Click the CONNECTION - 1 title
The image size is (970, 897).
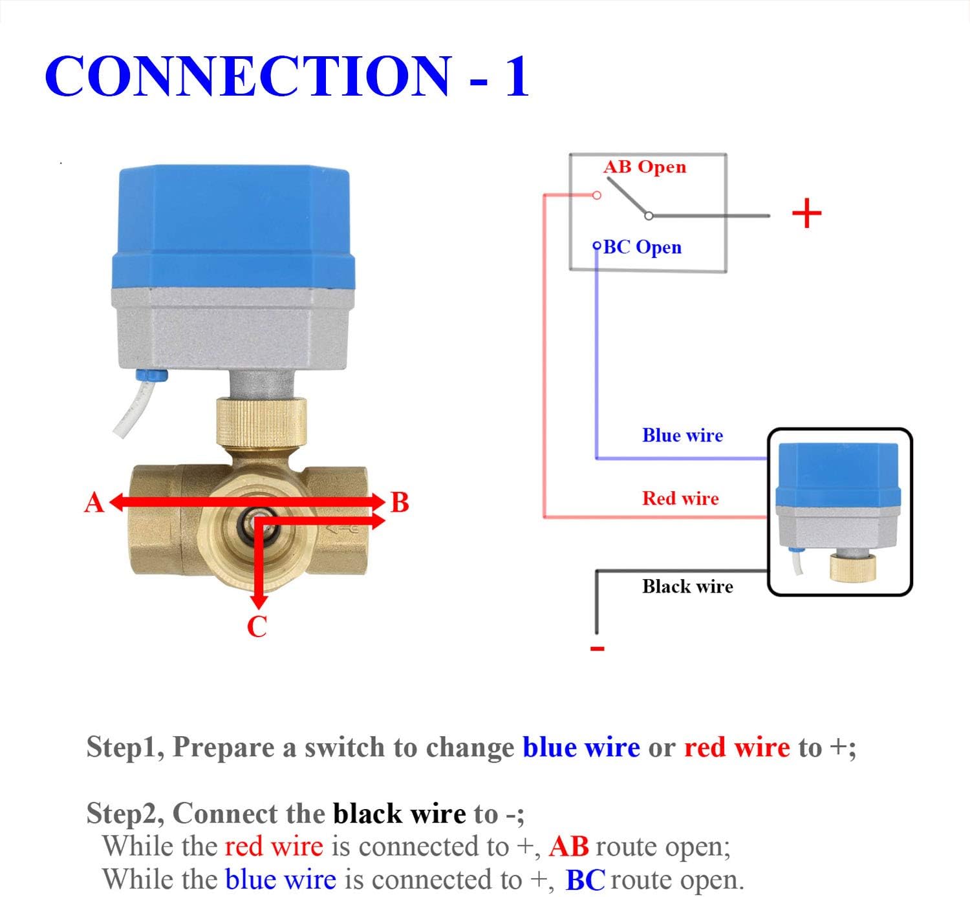point(287,76)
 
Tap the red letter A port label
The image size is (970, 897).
point(94,503)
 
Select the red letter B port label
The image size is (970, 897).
point(400,503)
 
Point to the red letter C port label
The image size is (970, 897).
point(257,627)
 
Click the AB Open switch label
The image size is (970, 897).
point(644,167)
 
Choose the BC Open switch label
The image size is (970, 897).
point(642,247)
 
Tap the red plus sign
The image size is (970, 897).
point(806,213)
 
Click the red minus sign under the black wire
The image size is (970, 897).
point(598,648)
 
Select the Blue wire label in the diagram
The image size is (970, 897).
point(682,436)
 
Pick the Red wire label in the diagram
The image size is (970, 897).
point(680,498)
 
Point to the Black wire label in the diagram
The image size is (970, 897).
point(687,586)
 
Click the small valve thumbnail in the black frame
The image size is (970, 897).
point(839,511)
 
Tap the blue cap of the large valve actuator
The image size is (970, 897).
point(234,226)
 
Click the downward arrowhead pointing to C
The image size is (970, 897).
point(259,601)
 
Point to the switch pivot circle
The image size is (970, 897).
point(649,216)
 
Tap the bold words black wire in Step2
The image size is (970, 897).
point(399,814)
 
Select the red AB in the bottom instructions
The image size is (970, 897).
point(568,847)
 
